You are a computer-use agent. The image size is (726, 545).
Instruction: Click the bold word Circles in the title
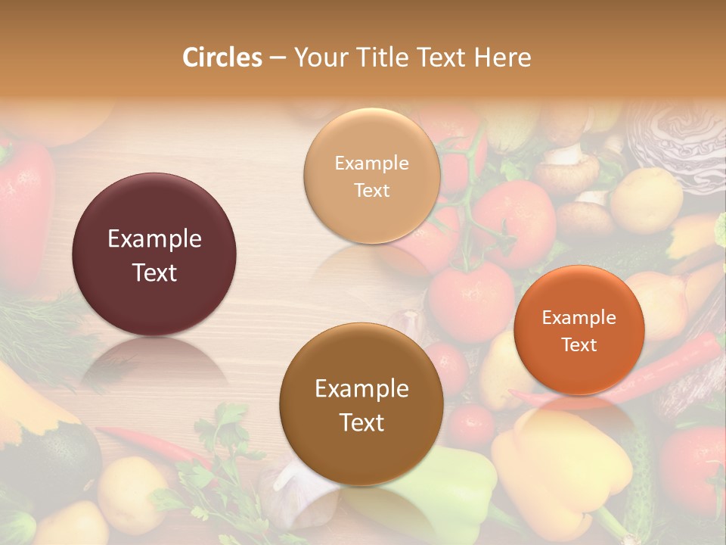pyautogui.click(x=222, y=58)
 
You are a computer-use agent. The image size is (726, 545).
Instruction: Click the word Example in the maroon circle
pyautogui.click(x=154, y=239)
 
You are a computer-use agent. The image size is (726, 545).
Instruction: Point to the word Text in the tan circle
pyautogui.click(x=371, y=191)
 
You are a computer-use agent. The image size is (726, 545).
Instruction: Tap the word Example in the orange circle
pyautogui.click(x=579, y=318)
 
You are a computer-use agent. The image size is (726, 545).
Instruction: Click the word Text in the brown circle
pyautogui.click(x=361, y=422)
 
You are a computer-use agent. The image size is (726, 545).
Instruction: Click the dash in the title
pyautogui.click(x=278, y=58)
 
